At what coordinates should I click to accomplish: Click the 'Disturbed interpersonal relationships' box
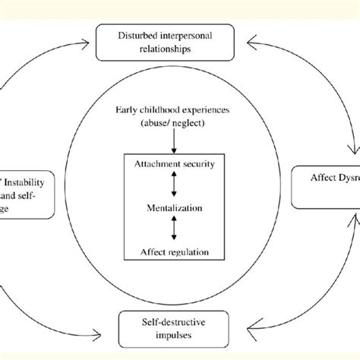(180, 39)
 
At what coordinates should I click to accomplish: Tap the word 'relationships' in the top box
(180, 46)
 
